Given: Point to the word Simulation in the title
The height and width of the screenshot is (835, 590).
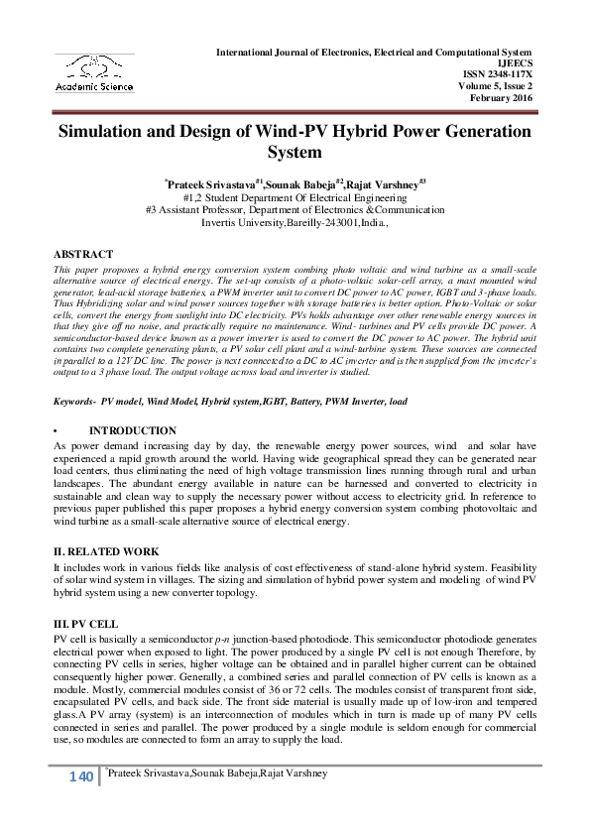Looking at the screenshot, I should (x=110, y=131).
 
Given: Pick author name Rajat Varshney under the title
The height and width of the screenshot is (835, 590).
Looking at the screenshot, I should (x=359, y=184).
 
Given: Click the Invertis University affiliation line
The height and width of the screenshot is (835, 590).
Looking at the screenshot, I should (x=295, y=223).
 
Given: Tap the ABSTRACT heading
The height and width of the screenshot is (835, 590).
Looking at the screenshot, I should (x=83, y=255).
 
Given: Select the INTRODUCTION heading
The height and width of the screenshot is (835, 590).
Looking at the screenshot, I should (x=132, y=431).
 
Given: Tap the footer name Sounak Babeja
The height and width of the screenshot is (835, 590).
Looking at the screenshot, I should (x=217, y=772).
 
